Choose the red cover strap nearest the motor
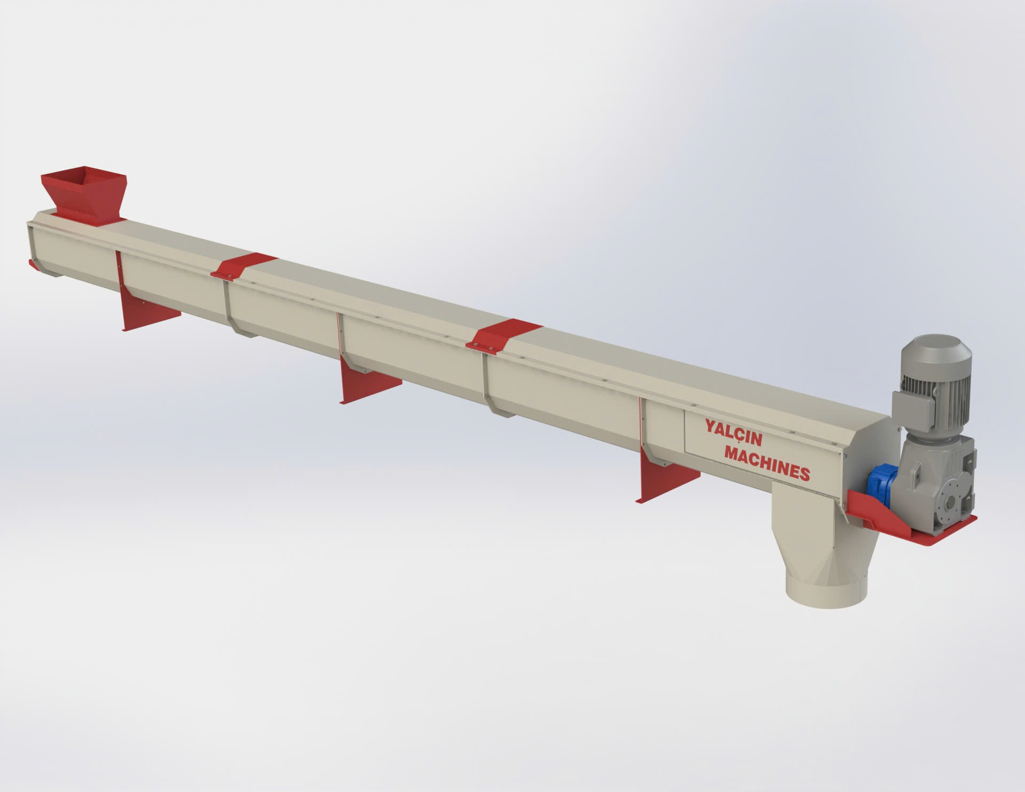[503, 334]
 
